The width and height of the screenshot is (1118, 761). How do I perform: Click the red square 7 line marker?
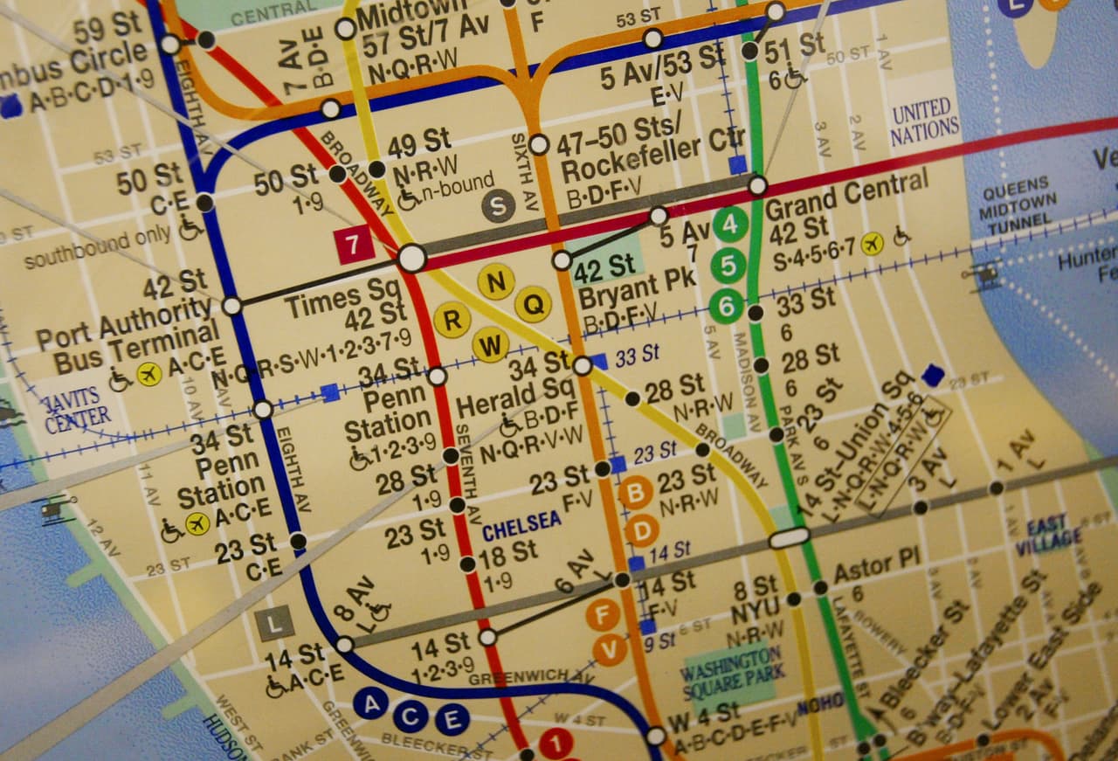[355, 245]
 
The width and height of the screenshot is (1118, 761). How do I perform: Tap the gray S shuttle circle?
[497, 206]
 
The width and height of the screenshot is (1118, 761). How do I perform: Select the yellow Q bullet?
[532, 303]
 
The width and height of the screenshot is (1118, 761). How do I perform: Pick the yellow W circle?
[490, 344]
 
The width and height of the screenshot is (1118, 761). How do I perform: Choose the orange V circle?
[610, 649]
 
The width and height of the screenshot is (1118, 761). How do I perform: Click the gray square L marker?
[275, 623]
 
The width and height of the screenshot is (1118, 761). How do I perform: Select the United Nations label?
[924, 121]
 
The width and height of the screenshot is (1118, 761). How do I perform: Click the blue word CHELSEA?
[521, 522]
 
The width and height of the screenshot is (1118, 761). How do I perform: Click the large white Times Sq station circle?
[412, 258]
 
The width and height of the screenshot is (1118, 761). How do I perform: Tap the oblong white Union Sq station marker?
[789, 538]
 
